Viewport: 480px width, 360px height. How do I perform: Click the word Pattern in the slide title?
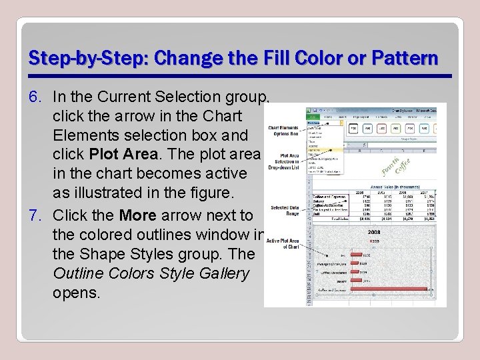(407, 58)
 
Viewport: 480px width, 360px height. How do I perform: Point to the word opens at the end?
(75, 293)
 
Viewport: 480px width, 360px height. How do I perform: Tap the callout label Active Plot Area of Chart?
(283, 244)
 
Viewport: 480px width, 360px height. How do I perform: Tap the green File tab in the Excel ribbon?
(312, 117)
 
